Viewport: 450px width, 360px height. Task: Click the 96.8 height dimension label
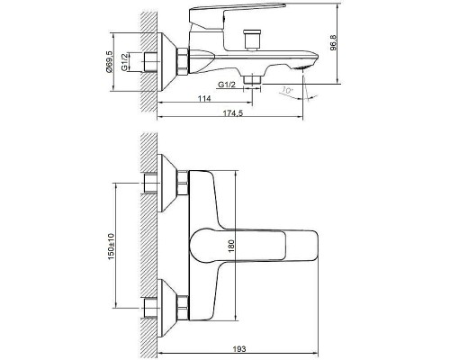click(x=334, y=43)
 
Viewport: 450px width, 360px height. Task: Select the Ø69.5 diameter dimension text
click(x=109, y=61)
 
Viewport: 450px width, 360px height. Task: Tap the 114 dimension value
click(x=204, y=98)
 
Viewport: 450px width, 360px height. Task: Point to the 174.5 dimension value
click(x=233, y=113)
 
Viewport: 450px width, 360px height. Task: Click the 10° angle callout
click(x=287, y=90)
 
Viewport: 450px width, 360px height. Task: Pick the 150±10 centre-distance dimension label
click(x=112, y=247)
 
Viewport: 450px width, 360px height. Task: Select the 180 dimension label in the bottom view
click(x=231, y=246)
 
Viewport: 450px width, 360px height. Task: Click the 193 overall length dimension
click(x=239, y=349)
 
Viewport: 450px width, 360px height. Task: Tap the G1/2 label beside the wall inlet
click(x=125, y=62)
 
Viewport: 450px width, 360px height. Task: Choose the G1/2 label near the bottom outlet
click(x=227, y=85)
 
